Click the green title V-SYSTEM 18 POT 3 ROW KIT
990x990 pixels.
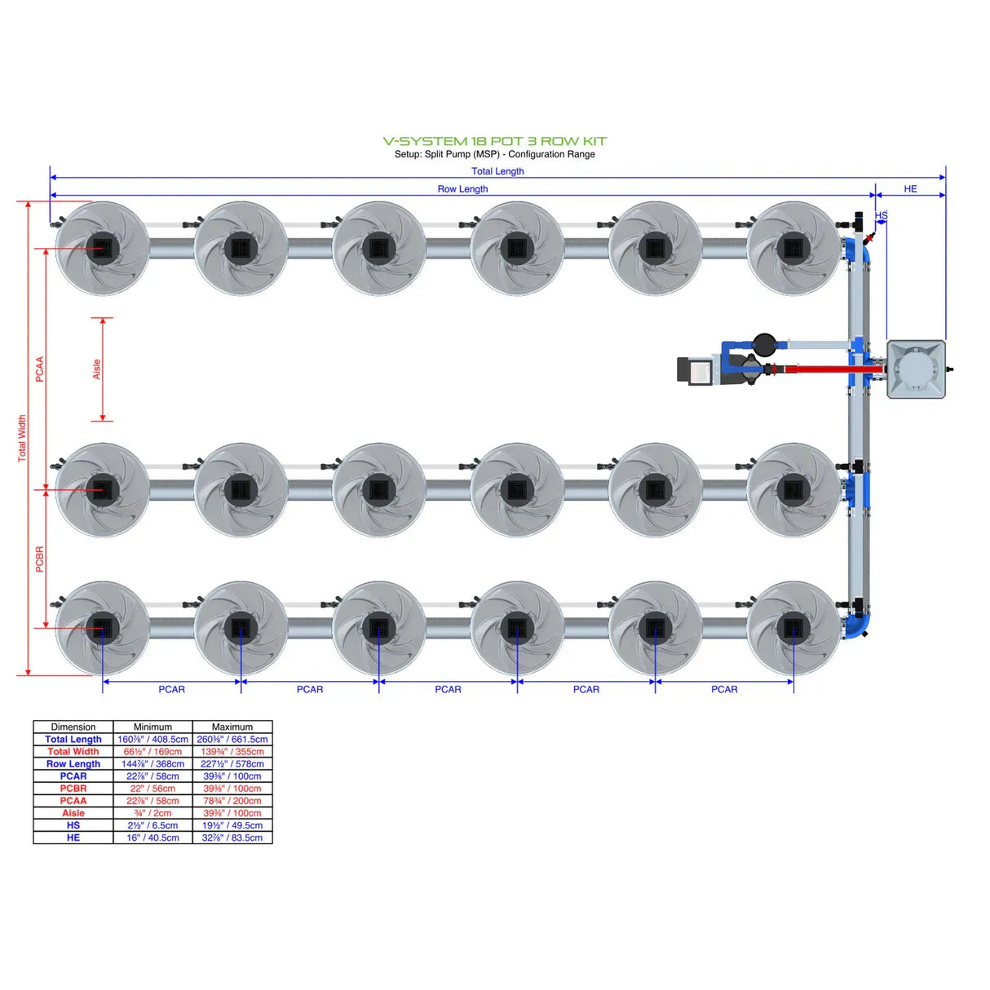click(x=494, y=141)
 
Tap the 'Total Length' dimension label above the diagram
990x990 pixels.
click(x=497, y=171)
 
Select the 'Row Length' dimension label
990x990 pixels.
click(x=462, y=188)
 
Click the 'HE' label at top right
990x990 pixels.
click(x=910, y=188)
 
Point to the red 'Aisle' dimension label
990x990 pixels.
click(x=96, y=369)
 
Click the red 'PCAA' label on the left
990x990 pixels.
click(x=39, y=369)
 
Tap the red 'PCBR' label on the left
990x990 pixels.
click(x=39, y=559)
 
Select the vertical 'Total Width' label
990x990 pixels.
click(x=22, y=439)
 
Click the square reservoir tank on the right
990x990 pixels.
click(x=916, y=369)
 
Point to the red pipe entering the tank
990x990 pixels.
click(x=832, y=369)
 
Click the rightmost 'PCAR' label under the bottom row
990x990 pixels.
click(x=723, y=689)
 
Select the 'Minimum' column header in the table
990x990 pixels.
click(x=152, y=727)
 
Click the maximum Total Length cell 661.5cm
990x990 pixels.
click(x=232, y=739)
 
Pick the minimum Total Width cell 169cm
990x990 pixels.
click(x=152, y=751)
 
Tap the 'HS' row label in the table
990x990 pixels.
click(x=73, y=825)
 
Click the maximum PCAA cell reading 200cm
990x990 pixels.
click(x=232, y=801)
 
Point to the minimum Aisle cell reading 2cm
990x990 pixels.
click(x=152, y=813)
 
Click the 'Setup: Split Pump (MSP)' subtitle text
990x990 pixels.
click(x=494, y=154)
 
